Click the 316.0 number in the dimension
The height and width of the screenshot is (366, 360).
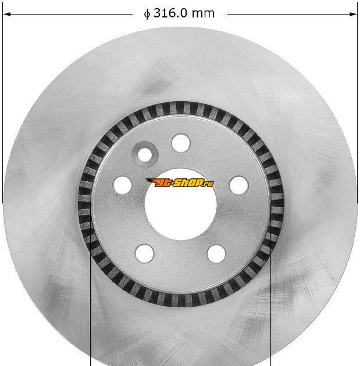coord(170,13)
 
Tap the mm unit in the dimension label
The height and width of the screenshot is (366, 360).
coord(203,14)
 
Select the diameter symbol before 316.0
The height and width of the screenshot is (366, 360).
coord(147,14)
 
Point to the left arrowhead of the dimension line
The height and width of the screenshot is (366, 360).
coord(6,15)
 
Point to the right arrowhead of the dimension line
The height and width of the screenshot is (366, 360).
coord(354,15)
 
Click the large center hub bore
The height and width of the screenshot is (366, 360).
coord(181,204)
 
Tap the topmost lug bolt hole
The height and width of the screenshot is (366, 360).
coord(181,143)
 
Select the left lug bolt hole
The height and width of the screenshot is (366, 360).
coord(122,185)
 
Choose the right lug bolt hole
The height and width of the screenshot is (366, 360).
coord(238,185)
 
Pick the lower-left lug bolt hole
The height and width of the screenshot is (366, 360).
coord(144,253)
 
